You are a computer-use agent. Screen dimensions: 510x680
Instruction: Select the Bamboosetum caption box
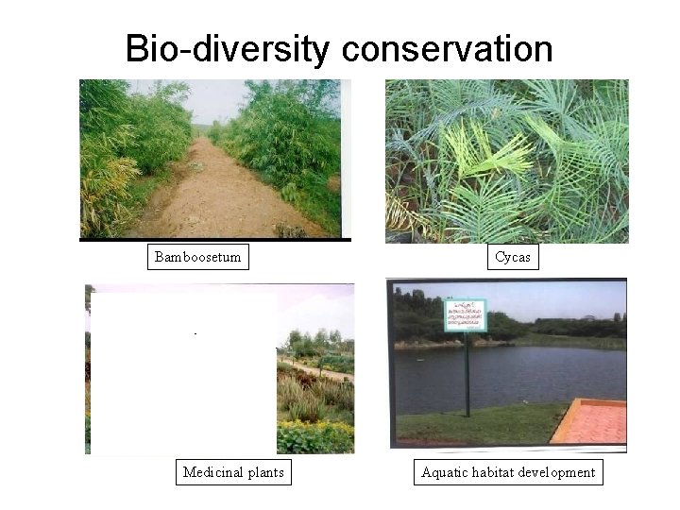(198, 257)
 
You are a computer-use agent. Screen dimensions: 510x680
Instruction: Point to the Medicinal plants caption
(233, 472)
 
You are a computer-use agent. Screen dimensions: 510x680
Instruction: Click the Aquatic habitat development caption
(509, 472)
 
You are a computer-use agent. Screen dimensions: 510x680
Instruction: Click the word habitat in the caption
(498, 472)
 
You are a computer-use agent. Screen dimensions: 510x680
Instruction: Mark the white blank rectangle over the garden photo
(182, 373)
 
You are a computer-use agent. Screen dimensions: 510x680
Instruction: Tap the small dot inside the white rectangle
(195, 334)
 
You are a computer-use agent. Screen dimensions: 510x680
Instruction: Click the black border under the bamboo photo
(215, 240)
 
